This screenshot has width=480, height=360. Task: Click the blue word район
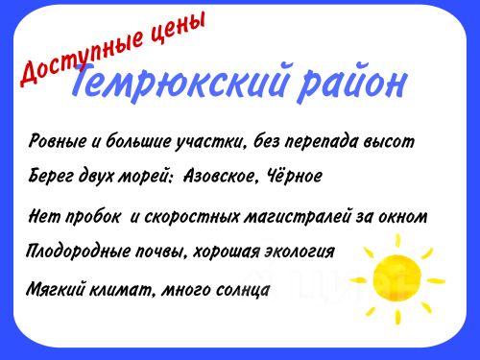coord(352,83)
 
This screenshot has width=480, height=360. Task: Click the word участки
coord(212,143)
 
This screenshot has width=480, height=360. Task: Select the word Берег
coord(52,176)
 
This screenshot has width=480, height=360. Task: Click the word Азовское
coord(220,176)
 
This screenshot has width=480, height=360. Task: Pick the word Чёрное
coord(290,175)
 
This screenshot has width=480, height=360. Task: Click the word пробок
coord(93,217)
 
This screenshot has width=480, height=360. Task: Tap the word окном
coord(403,216)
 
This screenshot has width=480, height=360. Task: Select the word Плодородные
coord(78,251)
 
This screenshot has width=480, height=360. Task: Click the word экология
coord(300,252)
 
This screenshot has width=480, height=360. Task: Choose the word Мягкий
coord(55,289)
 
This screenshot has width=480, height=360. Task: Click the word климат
coord(122,289)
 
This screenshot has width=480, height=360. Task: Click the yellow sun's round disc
coord(396,278)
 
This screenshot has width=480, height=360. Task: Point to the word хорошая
coord(227,252)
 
